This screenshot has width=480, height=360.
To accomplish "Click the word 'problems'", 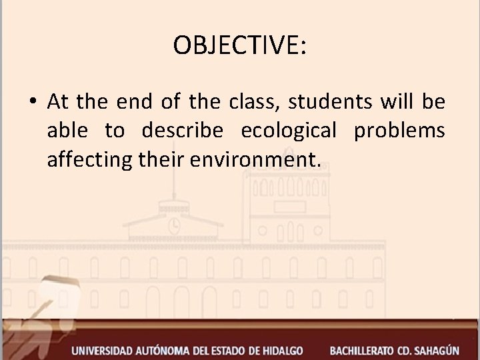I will point(399,131).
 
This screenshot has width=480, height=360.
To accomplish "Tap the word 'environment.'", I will point(251,160).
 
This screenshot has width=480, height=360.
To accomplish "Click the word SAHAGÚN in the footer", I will point(448,349).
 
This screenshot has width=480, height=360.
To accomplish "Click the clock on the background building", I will point(175,225).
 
